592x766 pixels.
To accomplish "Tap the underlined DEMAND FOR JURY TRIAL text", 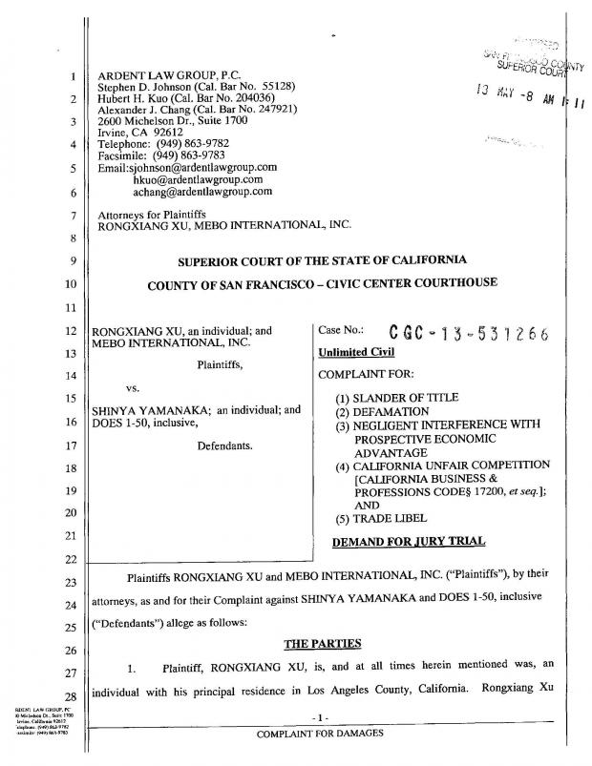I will pos(411,542).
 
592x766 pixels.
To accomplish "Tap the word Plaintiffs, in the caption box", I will pos(220,363).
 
